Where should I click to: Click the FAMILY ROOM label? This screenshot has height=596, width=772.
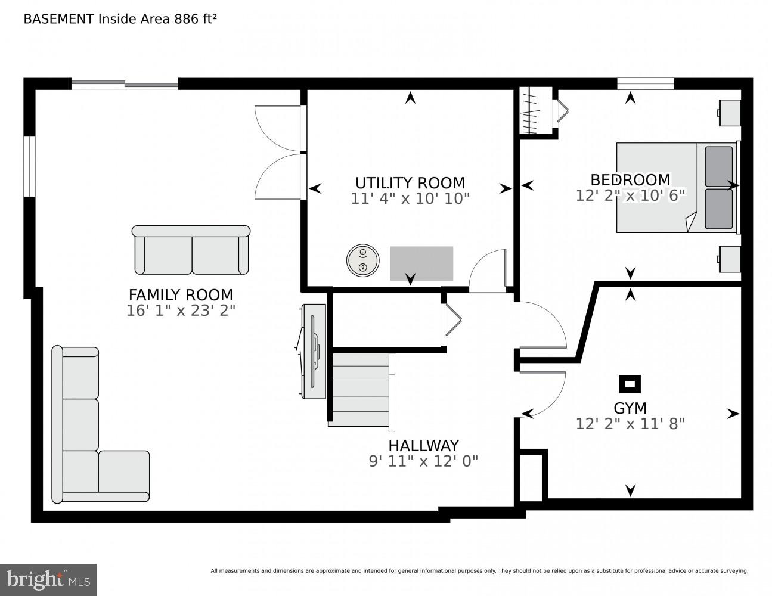[x=181, y=294]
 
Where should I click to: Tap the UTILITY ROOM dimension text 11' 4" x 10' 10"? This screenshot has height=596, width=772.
[x=410, y=198]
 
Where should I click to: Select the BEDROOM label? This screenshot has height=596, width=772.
[x=630, y=179]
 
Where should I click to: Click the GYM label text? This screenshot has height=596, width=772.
[x=630, y=408]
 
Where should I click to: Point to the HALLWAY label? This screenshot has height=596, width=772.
[x=423, y=446]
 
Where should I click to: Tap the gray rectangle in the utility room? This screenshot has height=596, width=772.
[x=421, y=263]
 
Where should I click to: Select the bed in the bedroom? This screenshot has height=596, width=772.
[x=677, y=187]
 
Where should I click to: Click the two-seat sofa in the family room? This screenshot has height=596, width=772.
[x=191, y=250]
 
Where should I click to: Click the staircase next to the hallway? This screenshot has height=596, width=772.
[x=360, y=389]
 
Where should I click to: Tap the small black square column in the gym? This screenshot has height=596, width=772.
[x=630, y=384]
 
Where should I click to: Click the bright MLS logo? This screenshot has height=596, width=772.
[x=48, y=579]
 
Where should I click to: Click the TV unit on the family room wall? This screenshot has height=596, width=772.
[x=313, y=351]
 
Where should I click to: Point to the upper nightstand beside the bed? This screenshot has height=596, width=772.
[x=730, y=113]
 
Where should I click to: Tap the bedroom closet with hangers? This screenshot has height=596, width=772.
[x=535, y=111]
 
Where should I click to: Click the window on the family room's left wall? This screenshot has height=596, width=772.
[x=29, y=166]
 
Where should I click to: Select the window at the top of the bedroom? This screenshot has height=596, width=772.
[x=645, y=84]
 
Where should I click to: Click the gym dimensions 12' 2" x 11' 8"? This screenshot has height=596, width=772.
[x=630, y=424]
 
